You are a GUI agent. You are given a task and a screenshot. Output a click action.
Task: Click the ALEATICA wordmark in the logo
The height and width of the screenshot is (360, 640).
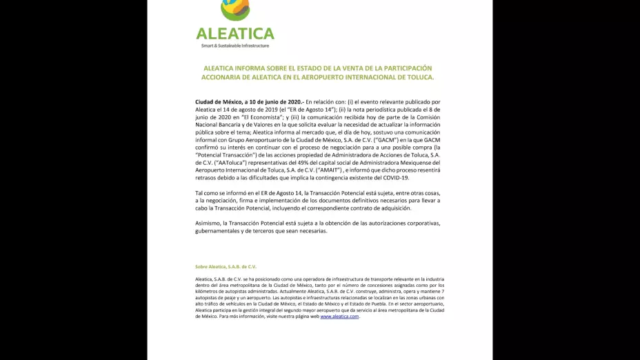(235, 33)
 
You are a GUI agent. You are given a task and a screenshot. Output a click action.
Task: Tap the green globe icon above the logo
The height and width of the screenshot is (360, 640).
(234, 9)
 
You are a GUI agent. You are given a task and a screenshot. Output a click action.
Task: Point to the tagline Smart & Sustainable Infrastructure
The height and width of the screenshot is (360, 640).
(235, 46)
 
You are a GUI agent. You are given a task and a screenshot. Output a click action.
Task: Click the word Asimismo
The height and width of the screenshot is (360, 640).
(208, 223)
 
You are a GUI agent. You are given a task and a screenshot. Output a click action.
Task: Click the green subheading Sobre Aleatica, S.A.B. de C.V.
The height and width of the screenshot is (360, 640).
(226, 266)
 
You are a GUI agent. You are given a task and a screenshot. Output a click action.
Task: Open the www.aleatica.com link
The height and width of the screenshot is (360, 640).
(339, 317)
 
